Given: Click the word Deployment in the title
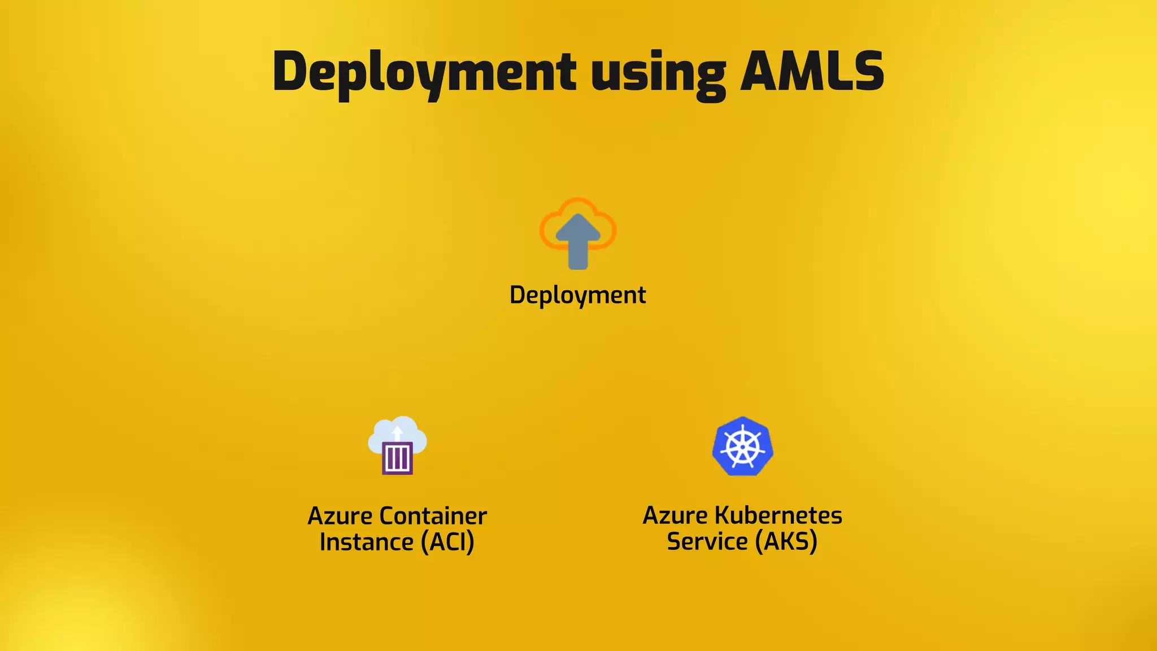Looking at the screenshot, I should (424, 72).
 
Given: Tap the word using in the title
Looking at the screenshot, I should (658, 73).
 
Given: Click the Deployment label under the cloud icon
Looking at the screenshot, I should (577, 295).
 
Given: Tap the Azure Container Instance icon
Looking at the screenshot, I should (398, 445).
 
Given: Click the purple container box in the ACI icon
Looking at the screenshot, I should (397, 458).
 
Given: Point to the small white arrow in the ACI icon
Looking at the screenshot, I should (397, 433).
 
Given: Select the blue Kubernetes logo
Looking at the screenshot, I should (742, 446).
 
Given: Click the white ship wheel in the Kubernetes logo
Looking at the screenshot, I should (742, 447).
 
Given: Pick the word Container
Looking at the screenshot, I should (433, 516).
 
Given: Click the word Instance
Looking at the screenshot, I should (367, 542).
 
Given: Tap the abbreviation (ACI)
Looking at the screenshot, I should (447, 542).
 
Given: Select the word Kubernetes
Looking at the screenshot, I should (778, 515).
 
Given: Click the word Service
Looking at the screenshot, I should (707, 541).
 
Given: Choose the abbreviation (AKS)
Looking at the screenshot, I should (786, 541).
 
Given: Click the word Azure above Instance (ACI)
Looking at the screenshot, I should (340, 516).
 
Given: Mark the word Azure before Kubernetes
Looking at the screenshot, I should (675, 515).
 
